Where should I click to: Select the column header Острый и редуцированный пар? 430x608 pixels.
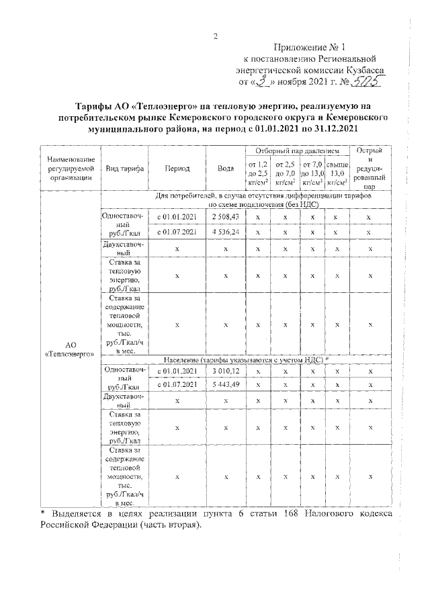[x=370, y=169]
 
